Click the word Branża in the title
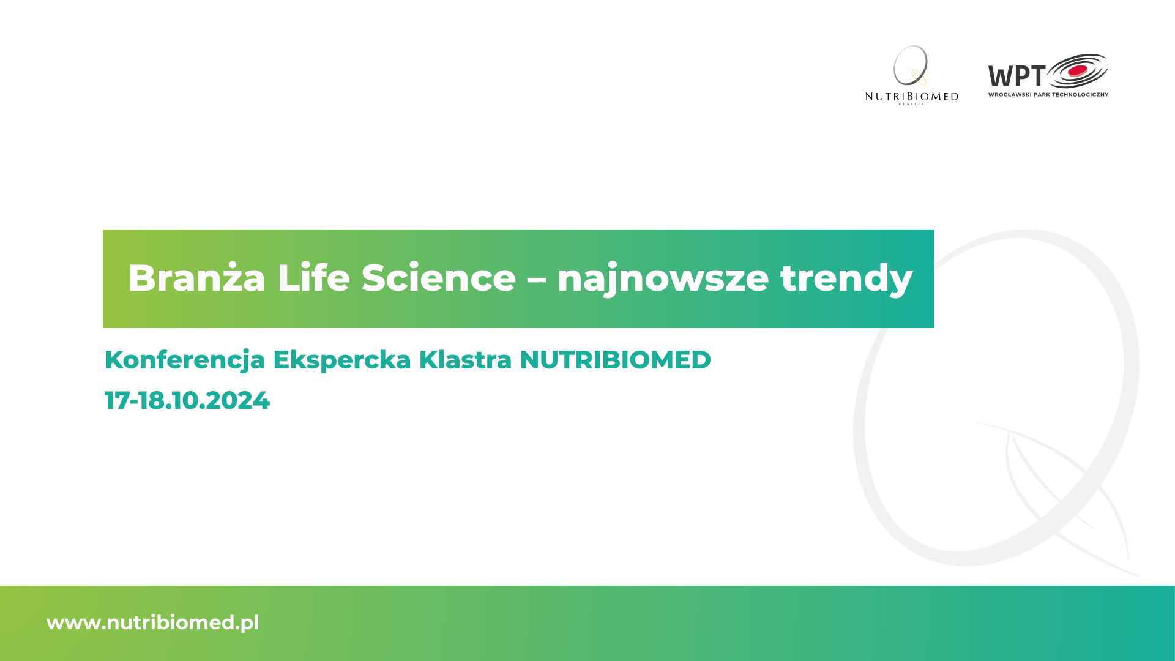(x=196, y=278)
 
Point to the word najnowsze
(x=663, y=279)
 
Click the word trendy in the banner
(x=846, y=279)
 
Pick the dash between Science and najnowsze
(x=537, y=281)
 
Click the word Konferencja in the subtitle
(x=185, y=360)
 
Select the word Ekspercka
(x=342, y=360)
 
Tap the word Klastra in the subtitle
(x=465, y=360)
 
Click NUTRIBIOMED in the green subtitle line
(x=615, y=360)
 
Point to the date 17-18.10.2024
(x=187, y=401)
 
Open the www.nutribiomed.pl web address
(x=153, y=623)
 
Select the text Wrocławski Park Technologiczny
(x=1048, y=94)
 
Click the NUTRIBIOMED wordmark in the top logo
(x=912, y=97)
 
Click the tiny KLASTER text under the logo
(x=912, y=104)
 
